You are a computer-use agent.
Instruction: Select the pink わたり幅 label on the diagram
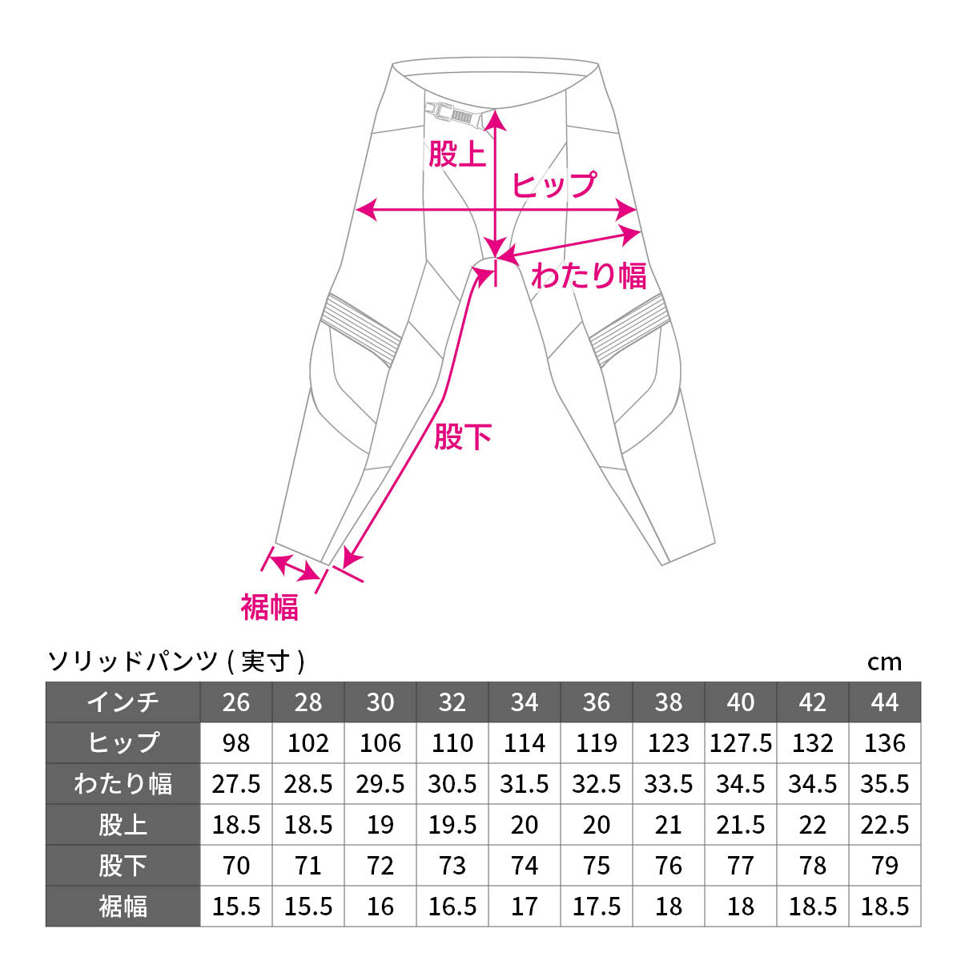pyautogui.click(x=589, y=275)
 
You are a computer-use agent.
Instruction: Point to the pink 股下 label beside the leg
pyautogui.click(x=463, y=436)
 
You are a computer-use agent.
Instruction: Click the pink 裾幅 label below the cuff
pyautogui.click(x=269, y=607)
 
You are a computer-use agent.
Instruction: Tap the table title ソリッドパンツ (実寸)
pyautogui.click(x=176, y=661)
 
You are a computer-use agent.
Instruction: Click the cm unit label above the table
pyautogui.click(x=884, y=663)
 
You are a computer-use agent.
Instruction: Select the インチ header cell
pyautogui.click(x=123, y=702)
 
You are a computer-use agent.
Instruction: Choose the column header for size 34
pyautogui.click(x=524, y=702)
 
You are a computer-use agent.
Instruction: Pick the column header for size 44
pyautogui.click(x=885, y=702)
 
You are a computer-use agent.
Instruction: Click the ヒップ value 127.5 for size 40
pyautogui.click(x=741, y=743)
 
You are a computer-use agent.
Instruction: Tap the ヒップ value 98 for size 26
pyautogui.click(x=236, y=743)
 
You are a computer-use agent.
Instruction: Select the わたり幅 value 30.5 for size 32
pyautogui.click(x=452, y=784)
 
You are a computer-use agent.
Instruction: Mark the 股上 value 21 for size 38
pyautogui.click(x=668, y=825)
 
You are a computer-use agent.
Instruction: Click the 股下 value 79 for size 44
pyautogui.click(x=885, y=866)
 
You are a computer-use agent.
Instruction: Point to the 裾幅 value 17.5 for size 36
pyautogui.click(x=597, y=907)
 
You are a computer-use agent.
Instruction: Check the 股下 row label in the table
pyautogui.click(x=123, y=866)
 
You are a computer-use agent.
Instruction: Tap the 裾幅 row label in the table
pyautogui.click(x=123, y=907)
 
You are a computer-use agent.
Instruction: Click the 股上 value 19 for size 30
pyautogui.click(x=380, y=825)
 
